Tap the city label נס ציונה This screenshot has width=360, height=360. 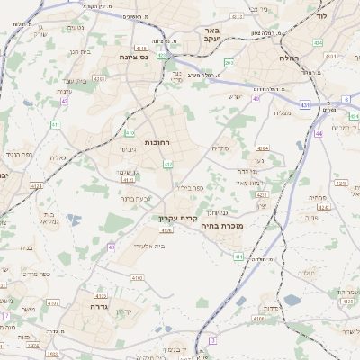coord(133,56)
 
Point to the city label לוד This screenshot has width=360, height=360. coord(322,15)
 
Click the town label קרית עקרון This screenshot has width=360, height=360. coord(175,218)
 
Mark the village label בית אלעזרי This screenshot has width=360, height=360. coord(146,246)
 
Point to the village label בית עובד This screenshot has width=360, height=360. coord(80,52)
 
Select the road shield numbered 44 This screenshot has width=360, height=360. coord(319,133)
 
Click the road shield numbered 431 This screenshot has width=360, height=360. coord(304,106)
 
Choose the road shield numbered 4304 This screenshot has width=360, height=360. coord(262,148)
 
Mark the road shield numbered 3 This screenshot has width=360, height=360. coord(213,339)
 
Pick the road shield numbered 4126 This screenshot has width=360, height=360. coord(166,231)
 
